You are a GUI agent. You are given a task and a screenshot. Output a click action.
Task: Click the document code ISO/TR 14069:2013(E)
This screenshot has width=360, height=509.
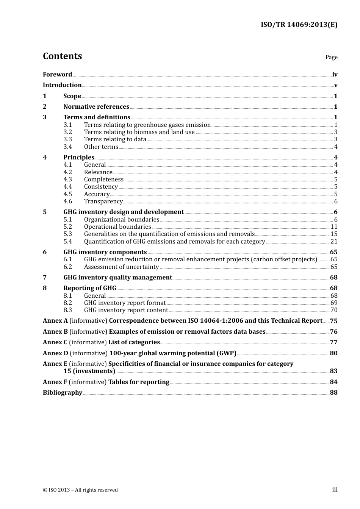299,25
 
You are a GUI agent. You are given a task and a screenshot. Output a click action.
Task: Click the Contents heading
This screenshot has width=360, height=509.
62,56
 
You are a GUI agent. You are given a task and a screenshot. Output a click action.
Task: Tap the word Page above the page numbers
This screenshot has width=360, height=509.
331,57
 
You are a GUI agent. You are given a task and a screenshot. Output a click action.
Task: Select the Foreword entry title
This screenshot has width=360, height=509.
57,75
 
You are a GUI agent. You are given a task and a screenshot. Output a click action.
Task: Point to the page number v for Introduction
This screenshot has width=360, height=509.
335,85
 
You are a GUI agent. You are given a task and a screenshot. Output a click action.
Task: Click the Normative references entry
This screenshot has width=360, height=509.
96,107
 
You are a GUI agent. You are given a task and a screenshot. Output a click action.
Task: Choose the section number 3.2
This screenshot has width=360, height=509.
67,132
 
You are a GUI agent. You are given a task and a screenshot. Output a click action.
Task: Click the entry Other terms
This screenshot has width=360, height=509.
101,147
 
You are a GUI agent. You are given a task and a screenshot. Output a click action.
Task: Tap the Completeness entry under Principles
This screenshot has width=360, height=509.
103,180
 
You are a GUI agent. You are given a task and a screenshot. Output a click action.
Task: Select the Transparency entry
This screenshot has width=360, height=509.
103,201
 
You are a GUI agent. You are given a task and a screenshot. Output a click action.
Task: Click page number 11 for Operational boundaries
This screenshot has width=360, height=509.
334,227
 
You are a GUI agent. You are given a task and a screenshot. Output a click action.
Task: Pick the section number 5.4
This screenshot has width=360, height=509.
67,242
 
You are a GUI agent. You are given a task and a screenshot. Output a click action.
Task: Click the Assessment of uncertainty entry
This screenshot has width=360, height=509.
121,267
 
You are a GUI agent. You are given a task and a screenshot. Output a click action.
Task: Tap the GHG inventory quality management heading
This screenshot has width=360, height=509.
117,278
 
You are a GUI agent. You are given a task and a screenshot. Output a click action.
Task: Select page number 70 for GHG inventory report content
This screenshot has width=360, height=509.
333,310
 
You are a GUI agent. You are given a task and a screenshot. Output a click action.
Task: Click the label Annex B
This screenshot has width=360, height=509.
55,332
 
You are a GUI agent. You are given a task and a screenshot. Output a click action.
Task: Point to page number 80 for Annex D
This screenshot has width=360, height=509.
333,353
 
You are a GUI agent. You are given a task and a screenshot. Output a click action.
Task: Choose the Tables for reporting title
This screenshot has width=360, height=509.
139,382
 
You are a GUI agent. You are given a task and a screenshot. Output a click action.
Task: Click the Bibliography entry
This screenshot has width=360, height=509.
63,393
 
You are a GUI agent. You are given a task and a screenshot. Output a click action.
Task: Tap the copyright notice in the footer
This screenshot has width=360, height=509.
80,490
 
